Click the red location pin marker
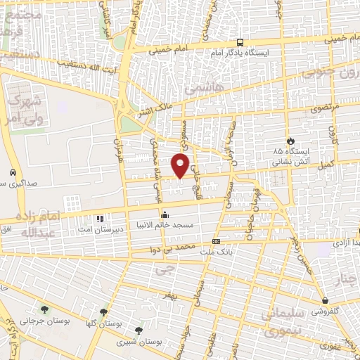pyautogui.click(x=181, y=165)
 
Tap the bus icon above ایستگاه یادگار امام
pyautogui.click(x=240, y=42)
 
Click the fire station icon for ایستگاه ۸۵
pyautogui.click(x=290, y=141)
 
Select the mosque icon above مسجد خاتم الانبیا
pyautogui.click(x=165, y=215)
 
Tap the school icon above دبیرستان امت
pyautogui.click(x=99, y=219)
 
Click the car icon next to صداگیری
pyautogui.click(x=13, y=173)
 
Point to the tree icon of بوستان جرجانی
pyautogui.click(x=45, y=310)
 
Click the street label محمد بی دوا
pyautogui.click(x=175, y=248)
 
